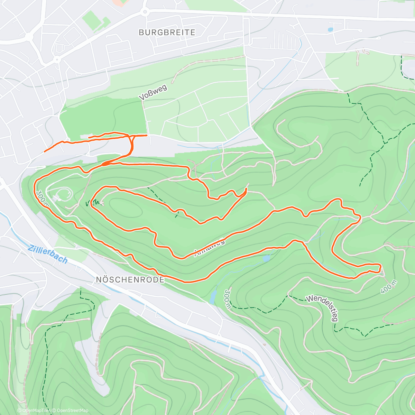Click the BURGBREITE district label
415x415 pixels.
[x=167, y=33]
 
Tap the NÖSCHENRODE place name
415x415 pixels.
[x=130, y=279]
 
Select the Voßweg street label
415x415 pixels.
[x=153, y=92]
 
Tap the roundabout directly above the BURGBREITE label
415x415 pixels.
[x=145, y=12]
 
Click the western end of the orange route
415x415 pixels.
[x=45, y=151]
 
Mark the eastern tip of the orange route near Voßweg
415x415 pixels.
[x=147, y=135]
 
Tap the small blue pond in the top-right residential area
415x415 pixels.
[x=331, y=30]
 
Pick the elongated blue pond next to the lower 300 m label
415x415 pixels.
[x=213, y=296]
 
